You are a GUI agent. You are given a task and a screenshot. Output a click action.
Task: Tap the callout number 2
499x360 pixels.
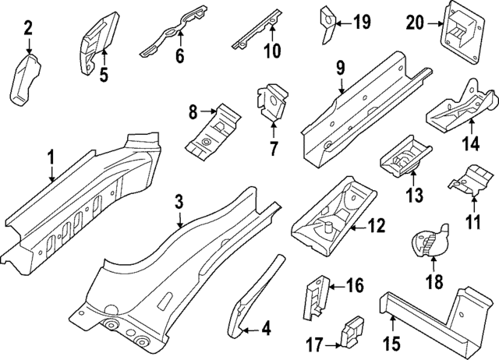pos(29,30)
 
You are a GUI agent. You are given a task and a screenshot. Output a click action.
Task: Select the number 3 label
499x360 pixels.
pos(179,203)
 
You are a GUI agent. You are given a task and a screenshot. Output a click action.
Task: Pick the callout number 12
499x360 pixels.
pos(377,227)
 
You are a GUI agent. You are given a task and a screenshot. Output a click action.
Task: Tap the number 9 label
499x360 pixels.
pos(340,68)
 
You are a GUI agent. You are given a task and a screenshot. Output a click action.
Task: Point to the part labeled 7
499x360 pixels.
pos(269,104)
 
